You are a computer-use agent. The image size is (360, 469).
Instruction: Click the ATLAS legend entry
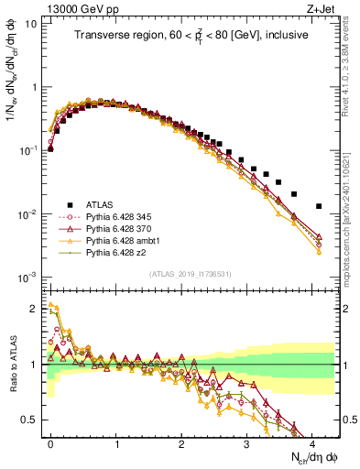[x=94, y=204]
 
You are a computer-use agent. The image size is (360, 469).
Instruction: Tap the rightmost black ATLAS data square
[x=318, y=206]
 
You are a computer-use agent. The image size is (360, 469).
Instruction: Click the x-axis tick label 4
[x=312, y=442]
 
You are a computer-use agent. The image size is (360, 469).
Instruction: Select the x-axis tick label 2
[x=181, y=442]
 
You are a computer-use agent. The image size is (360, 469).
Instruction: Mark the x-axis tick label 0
[x=50, y=442]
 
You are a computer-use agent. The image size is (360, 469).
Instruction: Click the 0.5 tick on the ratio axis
[x=30, y=420]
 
